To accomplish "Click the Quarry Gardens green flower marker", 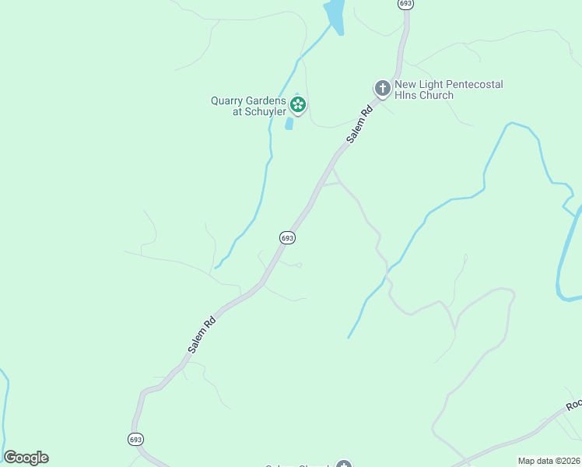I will point(297,104).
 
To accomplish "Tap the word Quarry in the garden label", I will point(229,100).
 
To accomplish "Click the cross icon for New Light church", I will point(382,89).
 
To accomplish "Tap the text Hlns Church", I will point(424,95).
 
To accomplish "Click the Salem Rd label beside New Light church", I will point(360,125).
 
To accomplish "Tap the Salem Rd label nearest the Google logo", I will point(201,335).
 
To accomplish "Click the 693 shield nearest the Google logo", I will point(135,440).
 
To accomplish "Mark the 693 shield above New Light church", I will point(405,4).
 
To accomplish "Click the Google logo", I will point(26,458).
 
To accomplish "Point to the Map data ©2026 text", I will point(548,461).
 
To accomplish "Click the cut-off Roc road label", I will point(574,405).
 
